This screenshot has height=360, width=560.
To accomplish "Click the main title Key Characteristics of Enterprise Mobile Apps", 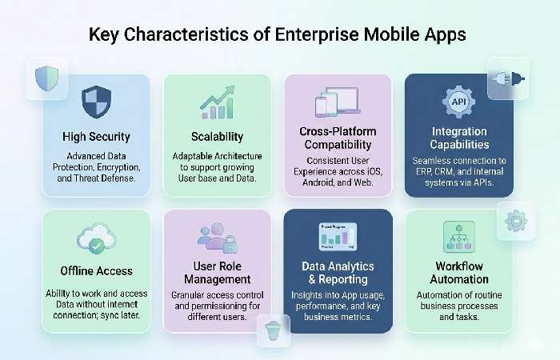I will point(279,36).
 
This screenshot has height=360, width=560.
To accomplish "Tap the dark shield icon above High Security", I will point(96,102).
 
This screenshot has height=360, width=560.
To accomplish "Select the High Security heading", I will point(96,136).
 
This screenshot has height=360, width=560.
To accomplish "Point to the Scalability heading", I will point(217,136).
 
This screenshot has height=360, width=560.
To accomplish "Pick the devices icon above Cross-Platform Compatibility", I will point(337,102).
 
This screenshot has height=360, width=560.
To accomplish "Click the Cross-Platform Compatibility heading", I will point(338,138).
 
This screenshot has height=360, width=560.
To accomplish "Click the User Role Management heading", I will point(217,272).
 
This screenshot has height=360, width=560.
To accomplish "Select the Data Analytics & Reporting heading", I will point(338,273).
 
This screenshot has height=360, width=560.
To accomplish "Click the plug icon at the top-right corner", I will point(508,78).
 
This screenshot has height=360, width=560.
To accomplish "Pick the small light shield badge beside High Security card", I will point(46,78).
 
